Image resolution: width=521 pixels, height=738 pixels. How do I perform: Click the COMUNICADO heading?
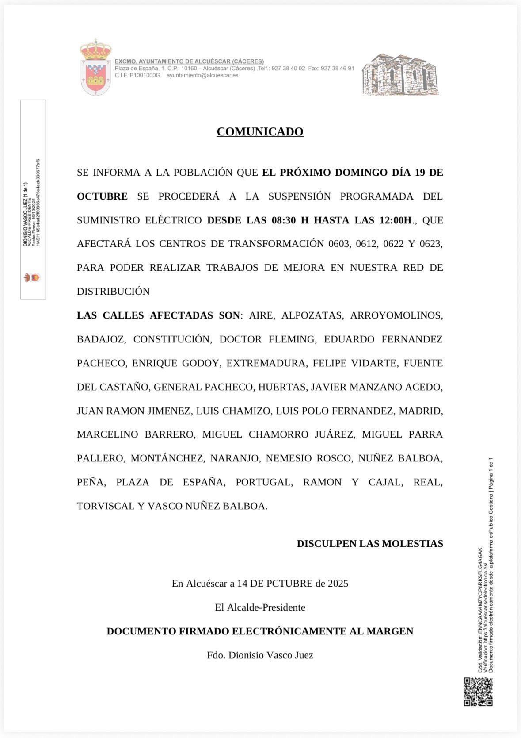(x=260, y=131)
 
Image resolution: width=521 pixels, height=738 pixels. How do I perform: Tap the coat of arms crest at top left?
(x=95, y=68)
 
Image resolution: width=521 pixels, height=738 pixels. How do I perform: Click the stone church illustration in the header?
(x=400, y=75)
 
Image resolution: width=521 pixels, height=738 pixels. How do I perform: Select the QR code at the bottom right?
(x=478, y=691)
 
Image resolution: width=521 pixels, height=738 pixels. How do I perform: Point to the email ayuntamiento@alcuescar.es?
(x=202, y=75)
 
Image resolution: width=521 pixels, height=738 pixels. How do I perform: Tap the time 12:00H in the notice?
(x=396, y=220)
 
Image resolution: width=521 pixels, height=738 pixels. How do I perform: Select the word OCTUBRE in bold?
(x=102, y=196)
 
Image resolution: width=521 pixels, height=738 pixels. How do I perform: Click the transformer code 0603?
(x=338, y=244)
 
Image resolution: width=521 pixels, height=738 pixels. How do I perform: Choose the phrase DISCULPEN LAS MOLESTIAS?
(x=370, y=544)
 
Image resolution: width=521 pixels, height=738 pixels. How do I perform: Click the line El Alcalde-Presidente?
(x=260, y=607)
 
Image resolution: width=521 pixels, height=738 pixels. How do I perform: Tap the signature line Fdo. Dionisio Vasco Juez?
(x=260, y=655)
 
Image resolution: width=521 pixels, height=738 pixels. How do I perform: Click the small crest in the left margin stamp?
(x=32, y=278)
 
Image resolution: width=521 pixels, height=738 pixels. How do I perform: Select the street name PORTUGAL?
(x=264, y=482)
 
